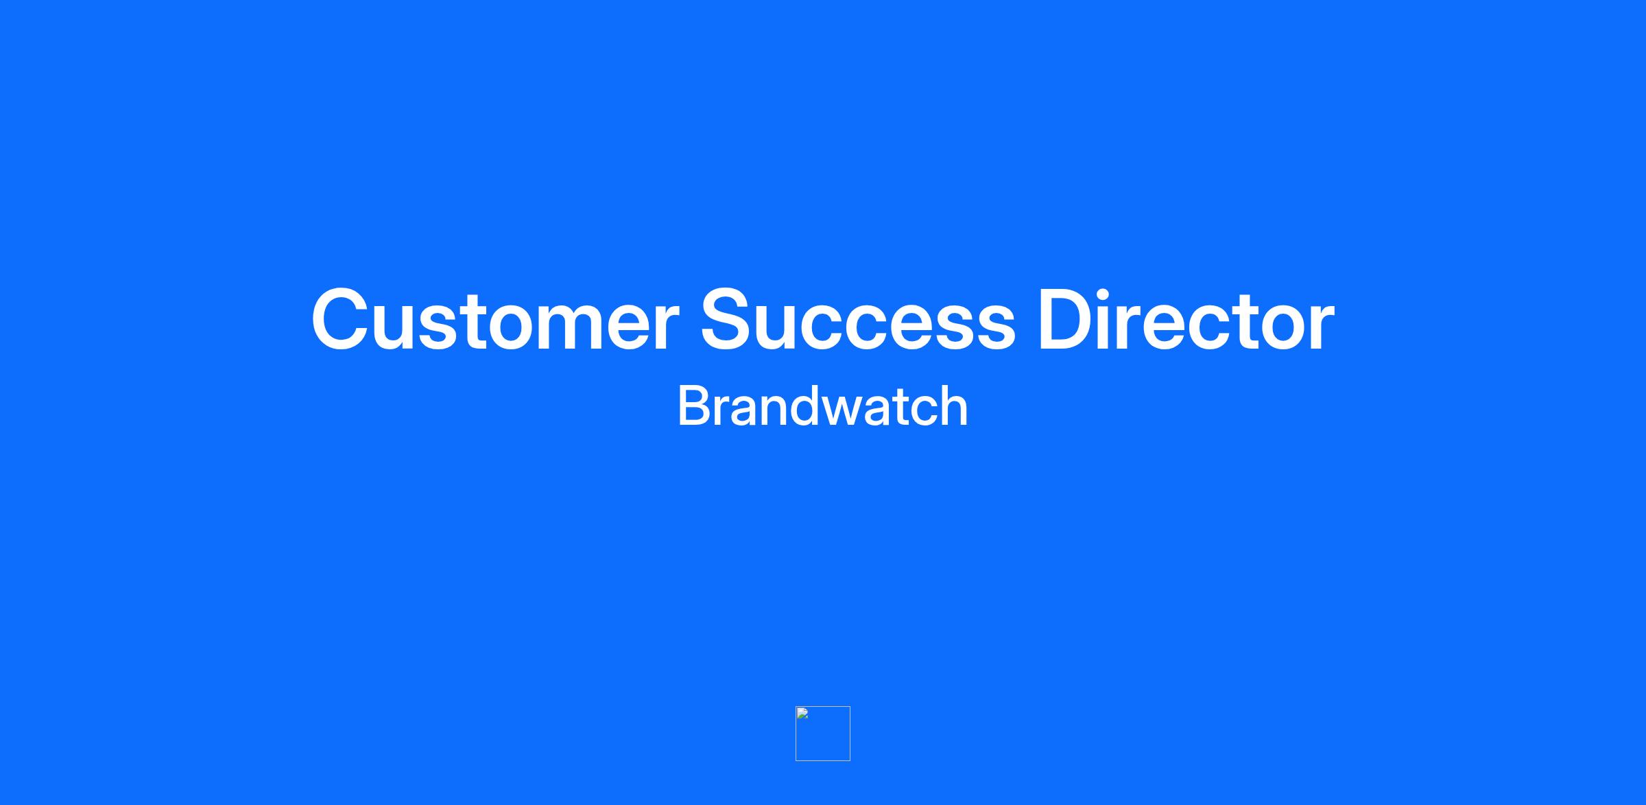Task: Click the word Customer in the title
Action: coord(494,320)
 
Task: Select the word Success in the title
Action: coord(857,320)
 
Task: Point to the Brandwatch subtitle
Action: coord(822,406)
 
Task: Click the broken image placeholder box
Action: coord(823,734)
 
